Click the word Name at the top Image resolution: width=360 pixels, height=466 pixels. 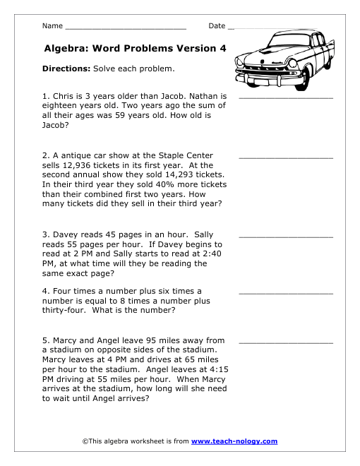click(52, 26)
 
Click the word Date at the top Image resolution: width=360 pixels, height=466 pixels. click(217, 26)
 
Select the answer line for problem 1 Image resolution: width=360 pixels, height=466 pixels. click(286, 97)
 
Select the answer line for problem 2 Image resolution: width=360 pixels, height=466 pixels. click(286, 157)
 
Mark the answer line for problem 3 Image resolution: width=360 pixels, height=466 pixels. click(286, 236)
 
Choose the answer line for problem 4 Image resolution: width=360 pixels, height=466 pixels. click(286, 292)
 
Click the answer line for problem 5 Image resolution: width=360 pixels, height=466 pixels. click(286, 342)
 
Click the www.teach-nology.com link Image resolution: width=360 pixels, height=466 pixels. click(234, 441)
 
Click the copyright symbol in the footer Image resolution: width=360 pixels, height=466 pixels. click(85, 441)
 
